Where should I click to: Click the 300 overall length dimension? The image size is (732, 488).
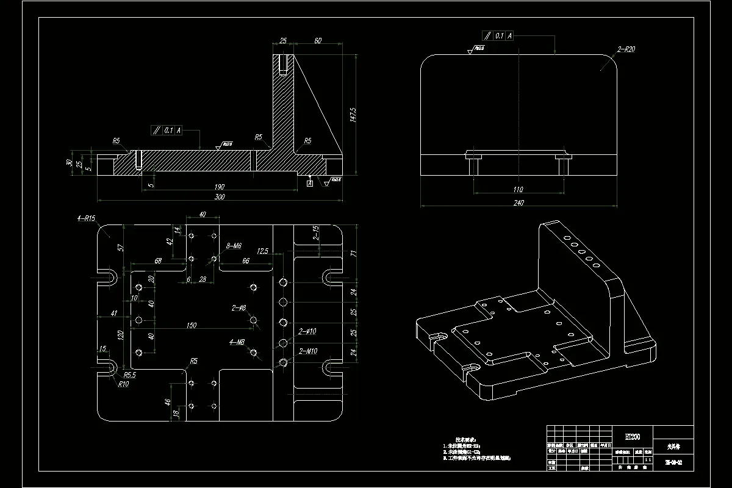point(220,197)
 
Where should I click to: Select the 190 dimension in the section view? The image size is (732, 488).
point(220,187)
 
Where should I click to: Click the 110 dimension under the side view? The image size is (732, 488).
point(518,190)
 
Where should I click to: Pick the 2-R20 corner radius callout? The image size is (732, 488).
point(626,49)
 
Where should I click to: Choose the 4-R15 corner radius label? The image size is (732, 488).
point(86,218)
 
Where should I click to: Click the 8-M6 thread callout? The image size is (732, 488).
point(234,245)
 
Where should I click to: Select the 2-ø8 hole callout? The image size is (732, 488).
point(239,307)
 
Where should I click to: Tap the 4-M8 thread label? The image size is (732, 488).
point(237,342)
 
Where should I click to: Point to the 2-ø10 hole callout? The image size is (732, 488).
point(307,332)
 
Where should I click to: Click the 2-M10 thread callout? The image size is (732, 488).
point(308,351)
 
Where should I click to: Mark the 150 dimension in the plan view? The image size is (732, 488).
point(191,326)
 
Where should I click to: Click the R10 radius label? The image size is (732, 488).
point(124,384)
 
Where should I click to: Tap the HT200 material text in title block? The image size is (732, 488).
point(632,437)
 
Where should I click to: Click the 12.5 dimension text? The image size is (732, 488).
point(264,251)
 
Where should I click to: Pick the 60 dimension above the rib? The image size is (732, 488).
point(318,41)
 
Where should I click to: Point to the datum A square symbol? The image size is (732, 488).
point(310,182)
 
